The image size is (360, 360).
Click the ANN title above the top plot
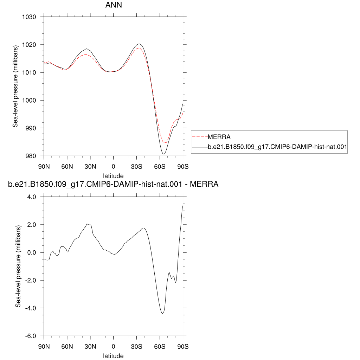114,5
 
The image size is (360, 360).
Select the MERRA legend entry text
219,137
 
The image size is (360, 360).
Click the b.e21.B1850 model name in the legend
277,147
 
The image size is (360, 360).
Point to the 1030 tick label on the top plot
29,17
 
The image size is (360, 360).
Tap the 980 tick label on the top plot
31,156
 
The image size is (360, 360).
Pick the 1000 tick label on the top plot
29,100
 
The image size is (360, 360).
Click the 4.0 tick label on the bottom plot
32,197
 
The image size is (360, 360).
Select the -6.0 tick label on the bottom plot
31,336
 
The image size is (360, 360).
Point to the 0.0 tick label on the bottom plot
32,252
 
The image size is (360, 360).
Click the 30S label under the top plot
137,167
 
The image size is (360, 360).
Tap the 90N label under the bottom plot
44,347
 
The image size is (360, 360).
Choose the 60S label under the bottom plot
160,347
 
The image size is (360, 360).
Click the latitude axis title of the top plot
113,176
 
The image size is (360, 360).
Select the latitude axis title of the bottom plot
113,356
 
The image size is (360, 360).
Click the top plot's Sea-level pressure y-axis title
15,86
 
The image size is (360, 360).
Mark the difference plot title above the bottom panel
113,184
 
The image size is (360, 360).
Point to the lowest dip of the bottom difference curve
162,313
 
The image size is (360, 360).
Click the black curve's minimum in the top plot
164,154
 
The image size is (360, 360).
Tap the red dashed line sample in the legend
200,137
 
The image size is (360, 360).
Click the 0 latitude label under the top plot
114,167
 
